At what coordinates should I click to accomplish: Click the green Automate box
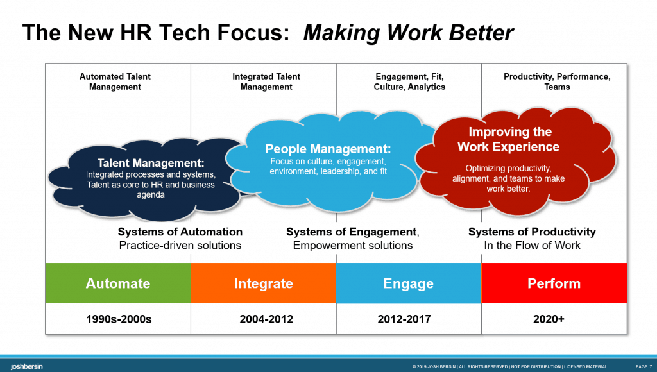tap(118, 283)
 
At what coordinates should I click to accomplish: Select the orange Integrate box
tap(263, 283)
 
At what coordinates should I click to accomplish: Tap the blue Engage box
tap(408, 283)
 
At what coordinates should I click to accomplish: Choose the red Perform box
tap(554, 283)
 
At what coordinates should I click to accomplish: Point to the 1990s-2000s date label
tap(119, 319)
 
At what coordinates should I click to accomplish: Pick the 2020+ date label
tap(549, 319)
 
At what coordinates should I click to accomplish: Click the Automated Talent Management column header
tap(115, 81)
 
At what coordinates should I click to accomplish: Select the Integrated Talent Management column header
tap(266, 81)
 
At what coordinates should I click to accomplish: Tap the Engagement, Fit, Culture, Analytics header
tap(409, 81)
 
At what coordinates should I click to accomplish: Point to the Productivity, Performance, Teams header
tap(557, 81)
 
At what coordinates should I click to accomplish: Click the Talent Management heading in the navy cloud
tap(151, 164)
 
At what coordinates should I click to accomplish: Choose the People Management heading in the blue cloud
tap(328, 149)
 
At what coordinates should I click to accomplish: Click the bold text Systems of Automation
tap(180, 232)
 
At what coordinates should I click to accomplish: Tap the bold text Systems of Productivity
tap(532, 232)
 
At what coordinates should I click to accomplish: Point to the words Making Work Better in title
tap(408, 32)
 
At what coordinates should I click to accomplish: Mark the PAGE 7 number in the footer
tap(644, 366)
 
